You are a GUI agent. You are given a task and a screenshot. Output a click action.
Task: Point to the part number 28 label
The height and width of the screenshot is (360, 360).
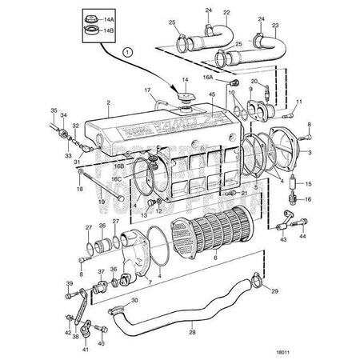click(x=192, y=331)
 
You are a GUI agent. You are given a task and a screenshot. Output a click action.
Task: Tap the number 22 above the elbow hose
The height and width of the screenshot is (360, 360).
click(x=204, y=14)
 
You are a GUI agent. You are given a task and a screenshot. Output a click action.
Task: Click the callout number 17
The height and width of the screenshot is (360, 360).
click(x=148, y=90)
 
